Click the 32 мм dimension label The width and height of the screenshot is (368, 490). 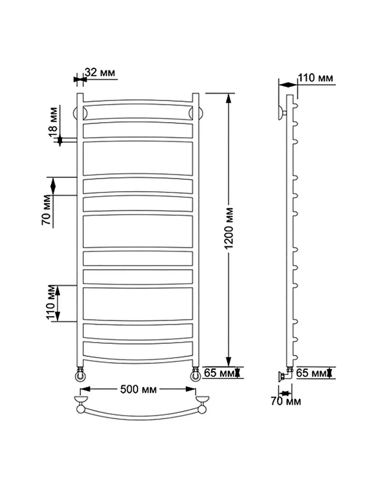click(x=100, y=72)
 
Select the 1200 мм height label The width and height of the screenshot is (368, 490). click(x=229, y=228)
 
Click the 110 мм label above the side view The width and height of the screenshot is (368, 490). click(x=315, y=78)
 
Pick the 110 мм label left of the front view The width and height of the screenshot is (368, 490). click(x=52, y=303)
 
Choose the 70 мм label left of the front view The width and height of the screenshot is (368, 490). click(x=46, y=210)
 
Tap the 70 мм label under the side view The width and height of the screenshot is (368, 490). click(x=285, y=401)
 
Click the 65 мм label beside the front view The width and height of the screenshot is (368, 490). click(x=219, y=372)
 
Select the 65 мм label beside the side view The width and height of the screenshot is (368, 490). click(x=311, y=373)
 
